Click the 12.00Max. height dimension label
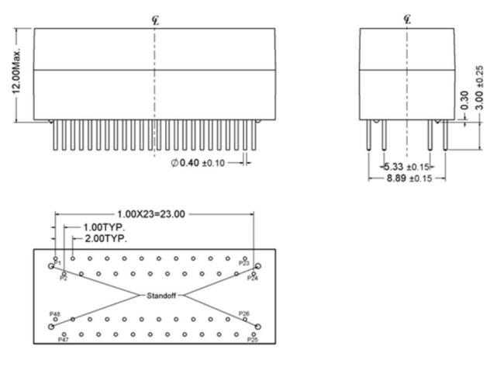point(16,71)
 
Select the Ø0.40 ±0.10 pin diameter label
point(198,163)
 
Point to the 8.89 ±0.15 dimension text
point(409,178)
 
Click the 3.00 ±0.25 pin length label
point(479,88)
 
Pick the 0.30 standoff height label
point(464,100)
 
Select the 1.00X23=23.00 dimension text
point(151,214)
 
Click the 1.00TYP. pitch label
point(104,227)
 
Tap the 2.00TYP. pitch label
point(106,239)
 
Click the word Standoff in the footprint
point(161,296)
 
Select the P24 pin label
point(253,279)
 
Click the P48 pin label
point(54,314)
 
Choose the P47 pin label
point(63,340)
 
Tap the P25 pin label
point(253,340)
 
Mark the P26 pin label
point(244,313)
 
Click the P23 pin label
point(244,264)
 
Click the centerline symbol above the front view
point(155,21)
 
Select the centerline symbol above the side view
point(407,20)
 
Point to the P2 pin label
point(64,279)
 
